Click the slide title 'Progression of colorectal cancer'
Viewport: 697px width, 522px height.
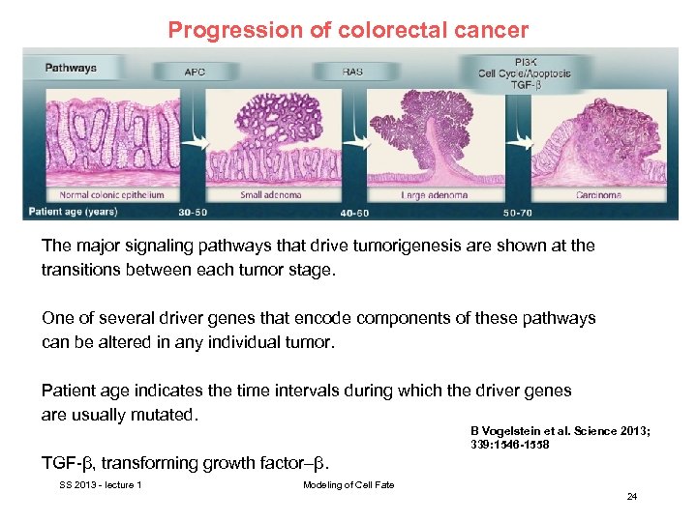tap(348, 29)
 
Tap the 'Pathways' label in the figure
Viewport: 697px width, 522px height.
tap(71, 68)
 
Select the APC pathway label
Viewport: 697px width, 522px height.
tap(196, 71)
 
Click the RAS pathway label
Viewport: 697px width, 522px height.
tap(353, 71)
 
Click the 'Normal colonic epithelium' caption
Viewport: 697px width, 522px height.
tap(88, 194)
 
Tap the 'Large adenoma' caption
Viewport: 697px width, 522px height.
tap(434, 194)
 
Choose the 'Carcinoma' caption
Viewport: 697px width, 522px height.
tap(598, 194)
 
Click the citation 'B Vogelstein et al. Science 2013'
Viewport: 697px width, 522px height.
tap(560, 430)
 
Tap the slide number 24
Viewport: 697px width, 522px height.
tap(631, 497)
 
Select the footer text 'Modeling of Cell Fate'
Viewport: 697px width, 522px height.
tap(348, 484)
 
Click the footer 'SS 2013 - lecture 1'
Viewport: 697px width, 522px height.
tap(101, 484)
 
